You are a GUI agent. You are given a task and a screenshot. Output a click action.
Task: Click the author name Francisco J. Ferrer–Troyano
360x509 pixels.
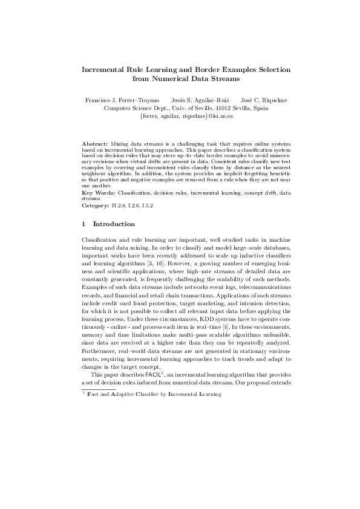pos(122,99)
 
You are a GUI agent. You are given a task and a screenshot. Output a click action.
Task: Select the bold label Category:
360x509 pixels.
pos(94,206)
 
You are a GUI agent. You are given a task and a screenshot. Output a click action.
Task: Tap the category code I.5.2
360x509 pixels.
pos(146,206)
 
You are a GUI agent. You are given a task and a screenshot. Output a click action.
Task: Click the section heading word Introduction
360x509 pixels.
pos(118,224)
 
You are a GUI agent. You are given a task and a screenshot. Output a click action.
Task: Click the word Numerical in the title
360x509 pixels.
pos(177,78)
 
